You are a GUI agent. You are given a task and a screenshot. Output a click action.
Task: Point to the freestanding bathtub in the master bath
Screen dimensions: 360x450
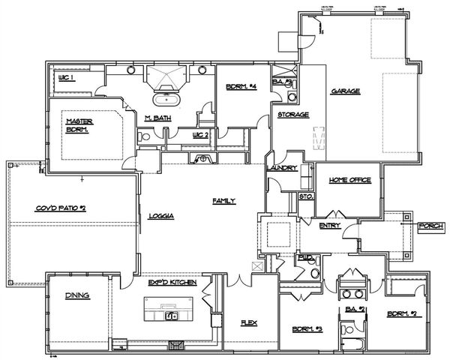[162, 99]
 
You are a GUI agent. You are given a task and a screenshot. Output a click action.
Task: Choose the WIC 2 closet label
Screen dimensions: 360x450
[199, 135]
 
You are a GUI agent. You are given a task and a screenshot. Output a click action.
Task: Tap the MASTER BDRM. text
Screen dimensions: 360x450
[77, 125]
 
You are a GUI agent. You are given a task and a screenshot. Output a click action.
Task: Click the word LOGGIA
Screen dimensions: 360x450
[161, 216]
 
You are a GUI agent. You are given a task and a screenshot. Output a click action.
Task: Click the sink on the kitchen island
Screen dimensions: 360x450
[172, 316]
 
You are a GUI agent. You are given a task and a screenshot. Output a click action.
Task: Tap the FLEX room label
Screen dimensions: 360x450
[249, 324]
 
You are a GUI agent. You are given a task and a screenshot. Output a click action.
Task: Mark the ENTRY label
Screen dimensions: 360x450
[329, 225]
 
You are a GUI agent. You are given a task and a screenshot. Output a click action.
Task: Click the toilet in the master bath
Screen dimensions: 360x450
[142, 137]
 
